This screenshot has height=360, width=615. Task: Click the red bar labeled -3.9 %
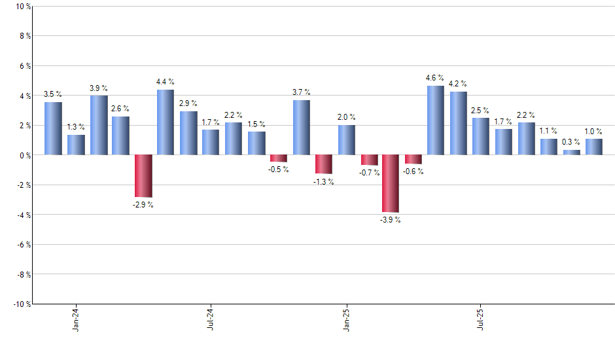coord(391,184)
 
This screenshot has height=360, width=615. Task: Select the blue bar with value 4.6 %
coord(436,120)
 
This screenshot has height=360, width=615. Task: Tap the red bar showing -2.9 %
coord(143,176)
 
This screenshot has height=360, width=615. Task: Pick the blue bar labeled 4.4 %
coord(166,122)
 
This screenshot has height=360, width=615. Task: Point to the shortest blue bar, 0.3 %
coord(571,153)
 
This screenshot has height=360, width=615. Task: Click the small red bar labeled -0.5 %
coord(278,158)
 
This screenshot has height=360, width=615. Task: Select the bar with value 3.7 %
coord(301,128)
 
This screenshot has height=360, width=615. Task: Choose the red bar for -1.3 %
coord(323,164)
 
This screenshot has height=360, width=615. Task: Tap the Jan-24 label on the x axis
coord(76,318)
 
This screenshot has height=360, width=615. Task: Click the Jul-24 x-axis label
coord(211,318)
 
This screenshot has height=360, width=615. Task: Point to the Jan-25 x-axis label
coord(346,318)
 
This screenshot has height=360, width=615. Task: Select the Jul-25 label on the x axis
coord(481,318)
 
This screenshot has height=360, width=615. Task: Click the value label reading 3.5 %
coord(53,94)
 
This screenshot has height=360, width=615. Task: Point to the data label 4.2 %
coord(458,84)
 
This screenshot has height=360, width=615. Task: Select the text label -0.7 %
coord(368,173)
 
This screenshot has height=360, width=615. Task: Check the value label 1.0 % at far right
coord(594,130)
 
